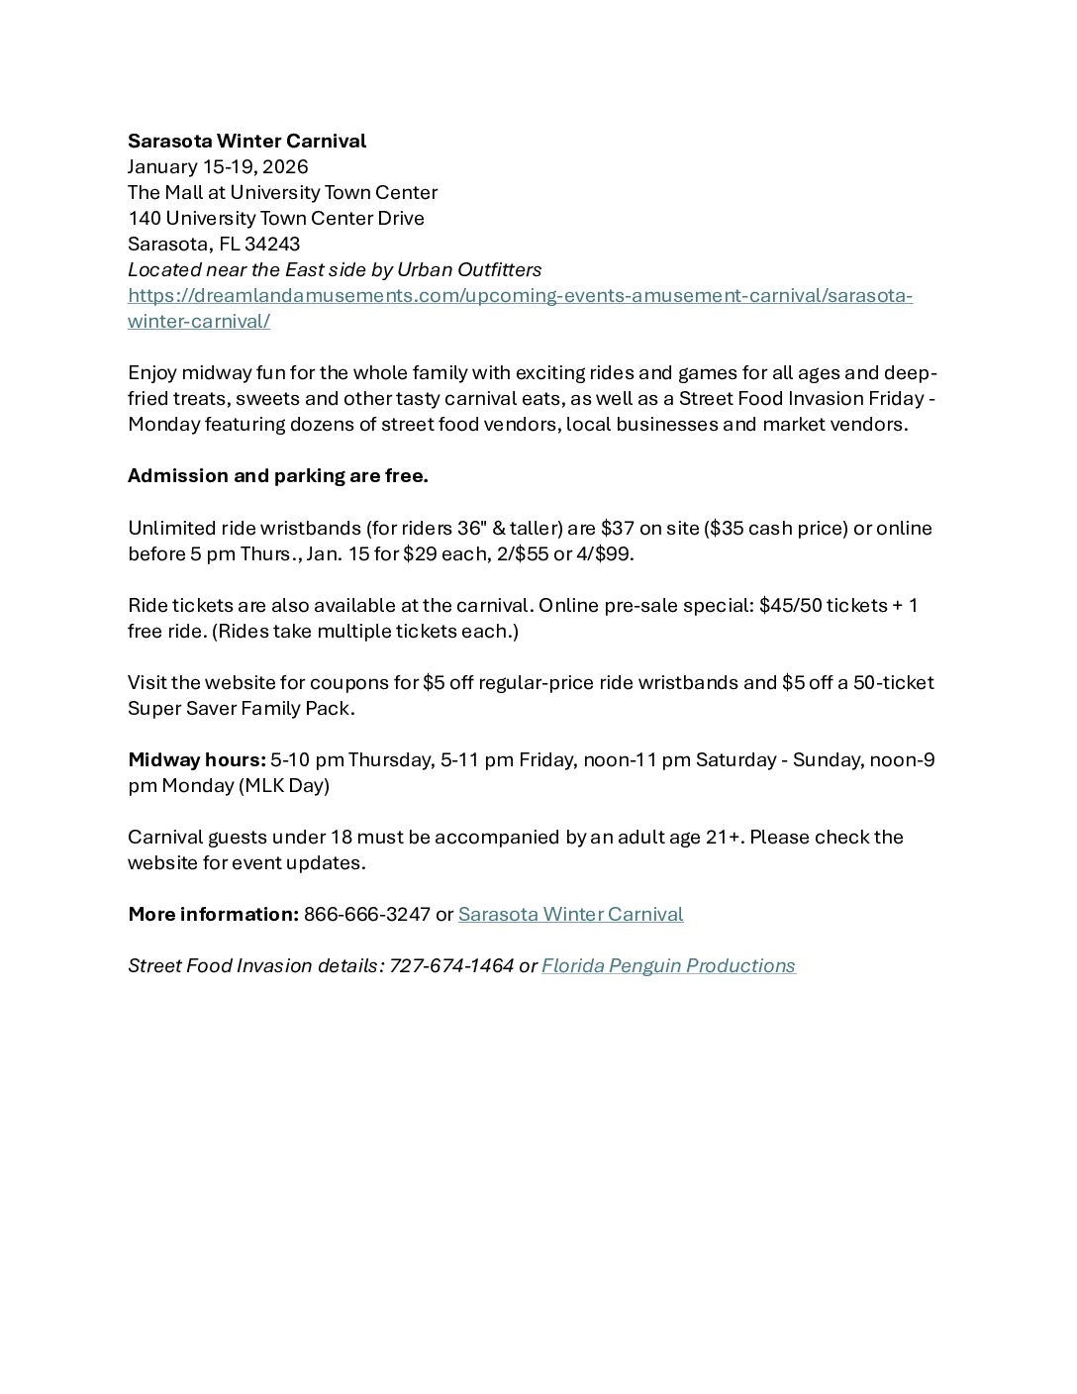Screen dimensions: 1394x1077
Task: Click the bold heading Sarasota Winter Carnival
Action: coord(246,141)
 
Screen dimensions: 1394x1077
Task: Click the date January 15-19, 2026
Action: coord(218,166)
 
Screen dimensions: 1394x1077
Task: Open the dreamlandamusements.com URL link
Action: coord(520,295)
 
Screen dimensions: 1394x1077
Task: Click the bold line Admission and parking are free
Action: coord(277,475)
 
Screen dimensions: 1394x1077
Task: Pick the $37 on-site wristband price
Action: coord(617,528)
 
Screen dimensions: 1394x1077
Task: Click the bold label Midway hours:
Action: coord(196,759)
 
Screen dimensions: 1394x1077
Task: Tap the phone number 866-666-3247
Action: coord(366,914)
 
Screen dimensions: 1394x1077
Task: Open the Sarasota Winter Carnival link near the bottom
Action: coord(570,914)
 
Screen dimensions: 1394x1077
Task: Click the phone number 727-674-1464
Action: coord(451,965)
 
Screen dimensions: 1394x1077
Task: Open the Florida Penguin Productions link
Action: coord(668,965)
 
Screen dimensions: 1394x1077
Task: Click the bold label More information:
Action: coord(213,914)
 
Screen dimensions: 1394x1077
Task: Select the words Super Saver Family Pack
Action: coord(240,708)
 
